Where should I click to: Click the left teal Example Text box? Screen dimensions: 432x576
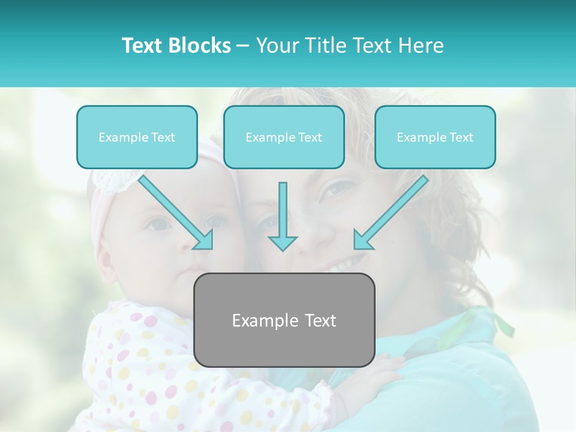click(137, 137)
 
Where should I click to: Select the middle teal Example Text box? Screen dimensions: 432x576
click(284, 137)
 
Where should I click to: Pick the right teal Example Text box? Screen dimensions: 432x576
click(435, 137)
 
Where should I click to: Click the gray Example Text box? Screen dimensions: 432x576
click(284, 320)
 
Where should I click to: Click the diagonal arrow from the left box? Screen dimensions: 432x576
click(178, 213)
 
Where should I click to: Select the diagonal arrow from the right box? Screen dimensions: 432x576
click(389, 213)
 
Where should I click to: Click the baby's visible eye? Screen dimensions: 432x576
click(160, 224)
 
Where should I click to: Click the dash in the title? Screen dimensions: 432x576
click(243, 46)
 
